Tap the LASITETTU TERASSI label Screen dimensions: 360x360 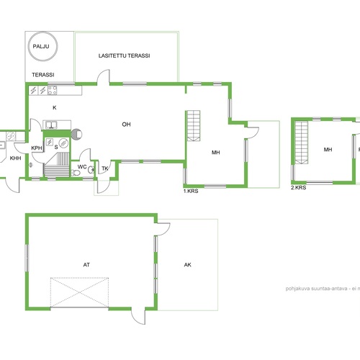(124, 55)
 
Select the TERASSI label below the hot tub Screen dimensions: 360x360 (43, 75)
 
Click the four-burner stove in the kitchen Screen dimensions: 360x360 (52, 90)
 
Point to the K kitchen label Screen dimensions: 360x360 (55, 107)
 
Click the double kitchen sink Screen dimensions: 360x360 (51, 125)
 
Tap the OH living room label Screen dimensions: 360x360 (126, 125)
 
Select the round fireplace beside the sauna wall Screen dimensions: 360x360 (77, 134)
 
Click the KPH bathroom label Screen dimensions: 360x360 (37, 148)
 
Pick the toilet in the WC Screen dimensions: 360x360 (76, 173)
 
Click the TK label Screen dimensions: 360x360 (105, 168)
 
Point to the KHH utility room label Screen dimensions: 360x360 (15, 158)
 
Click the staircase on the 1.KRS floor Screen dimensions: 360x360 (194, 126)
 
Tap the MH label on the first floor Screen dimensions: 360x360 (215, 153)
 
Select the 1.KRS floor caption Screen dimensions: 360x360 (191, 191)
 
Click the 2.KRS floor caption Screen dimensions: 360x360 (298, 188)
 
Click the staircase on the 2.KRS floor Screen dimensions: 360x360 (302, 143)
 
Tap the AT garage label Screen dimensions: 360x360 (86, 265)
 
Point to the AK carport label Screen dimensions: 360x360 (188, 265)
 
